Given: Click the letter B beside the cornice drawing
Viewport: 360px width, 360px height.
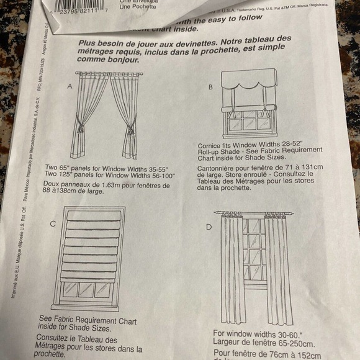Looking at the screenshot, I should [210, 88].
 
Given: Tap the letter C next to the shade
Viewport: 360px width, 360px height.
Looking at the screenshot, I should [54, 223].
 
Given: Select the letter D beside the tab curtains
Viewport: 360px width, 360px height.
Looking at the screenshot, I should [209, 227].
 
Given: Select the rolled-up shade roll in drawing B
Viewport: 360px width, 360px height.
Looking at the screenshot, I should [248, 109].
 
